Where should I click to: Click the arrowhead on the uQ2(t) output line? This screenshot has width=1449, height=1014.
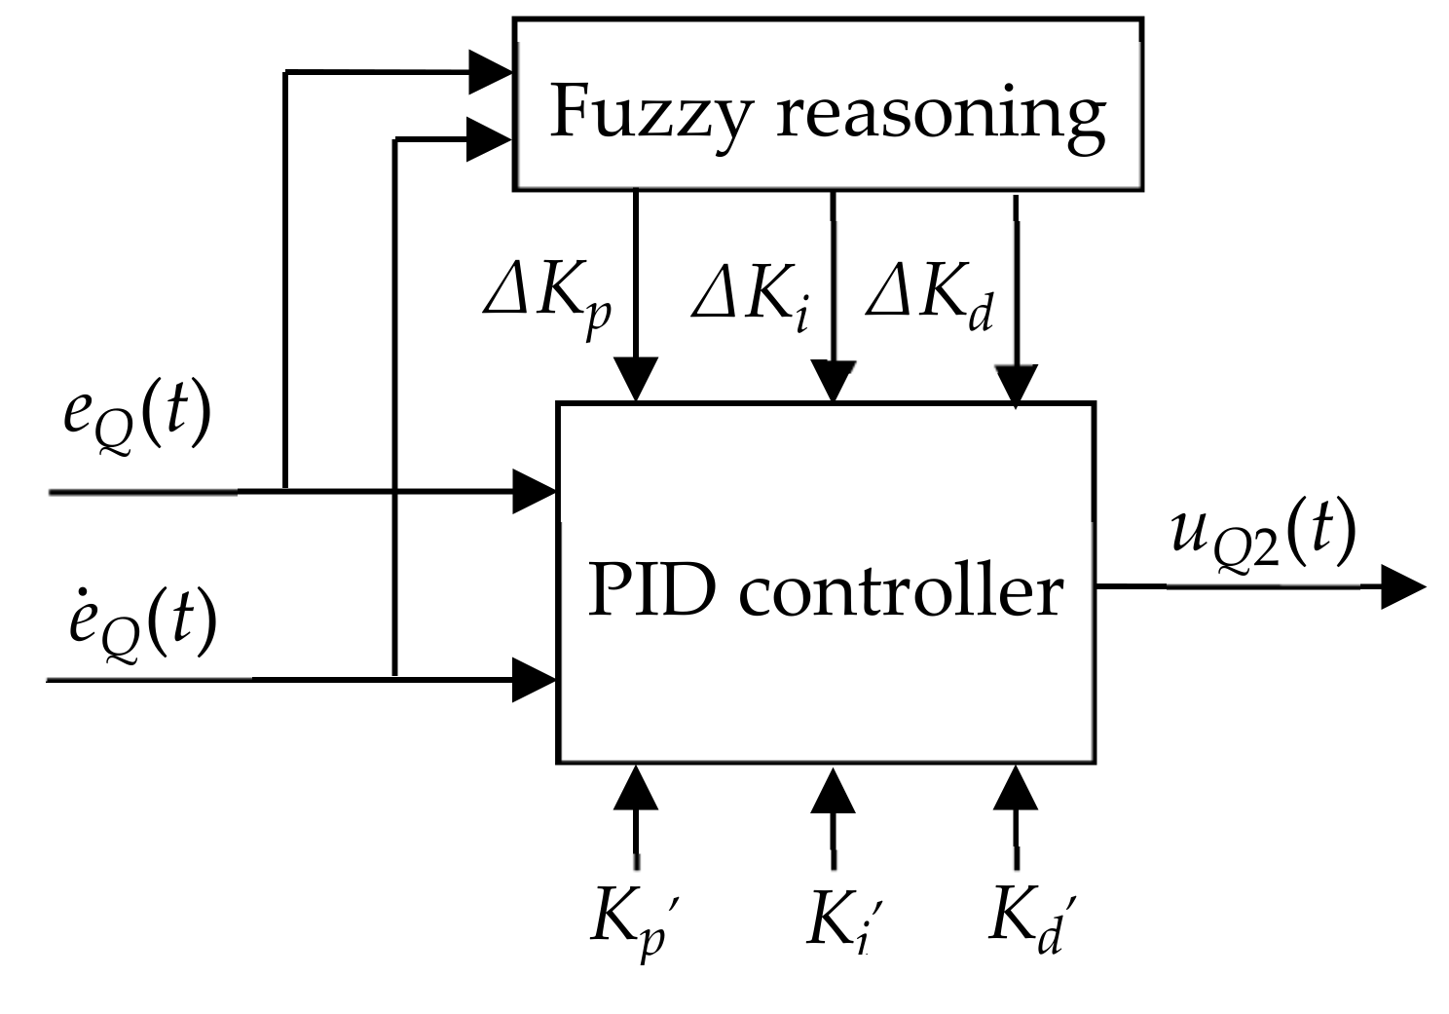pos(1402,587)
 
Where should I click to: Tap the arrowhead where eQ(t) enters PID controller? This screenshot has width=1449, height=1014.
pos(534,491)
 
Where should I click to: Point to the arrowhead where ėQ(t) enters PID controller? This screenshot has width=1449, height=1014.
pos(534,679)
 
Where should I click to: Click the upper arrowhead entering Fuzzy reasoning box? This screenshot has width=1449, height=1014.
pos(490,71)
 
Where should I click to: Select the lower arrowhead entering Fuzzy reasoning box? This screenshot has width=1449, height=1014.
pos(490,139)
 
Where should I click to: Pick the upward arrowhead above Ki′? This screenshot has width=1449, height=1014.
pos(833,791)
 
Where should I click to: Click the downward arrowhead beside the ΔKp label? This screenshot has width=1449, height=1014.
pos(636,378)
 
